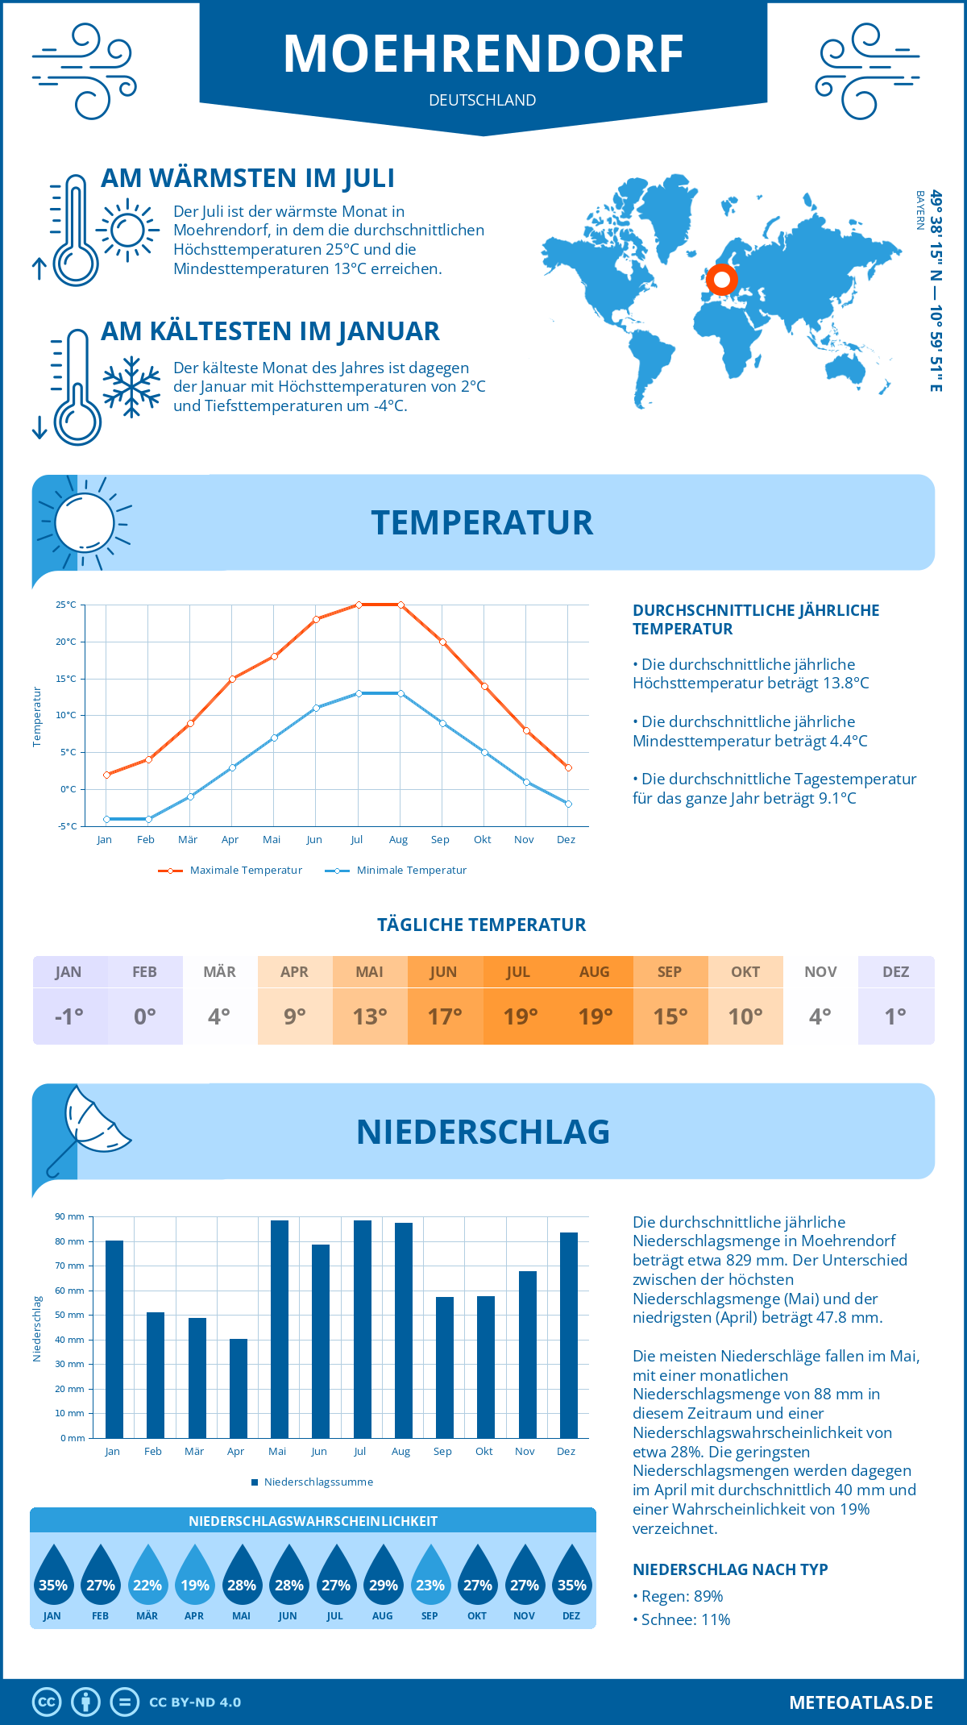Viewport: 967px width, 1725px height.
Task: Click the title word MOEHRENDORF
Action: coord(483,55)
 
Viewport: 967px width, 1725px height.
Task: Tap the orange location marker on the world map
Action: coord(721,280)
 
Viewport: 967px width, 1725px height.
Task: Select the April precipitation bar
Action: coord(239,1388)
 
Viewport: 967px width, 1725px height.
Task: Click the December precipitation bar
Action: coord(569,1335)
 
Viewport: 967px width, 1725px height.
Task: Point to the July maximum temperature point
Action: coord(359,605)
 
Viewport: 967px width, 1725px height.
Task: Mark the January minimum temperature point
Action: coord(106,819)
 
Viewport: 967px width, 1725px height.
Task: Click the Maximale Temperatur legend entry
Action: coord(230,871)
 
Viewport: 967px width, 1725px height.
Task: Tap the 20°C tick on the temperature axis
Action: coord(66,642)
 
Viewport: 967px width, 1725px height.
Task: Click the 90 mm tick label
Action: coord(70,1216)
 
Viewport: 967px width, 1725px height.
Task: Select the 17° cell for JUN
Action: coord(445,1016)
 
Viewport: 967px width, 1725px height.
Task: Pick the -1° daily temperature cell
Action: coord(69,1016)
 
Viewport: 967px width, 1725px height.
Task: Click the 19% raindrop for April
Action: coord(194,1578)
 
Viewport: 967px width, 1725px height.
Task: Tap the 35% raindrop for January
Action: coord(52,1578)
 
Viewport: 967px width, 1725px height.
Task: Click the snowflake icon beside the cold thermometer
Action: coord(131,387)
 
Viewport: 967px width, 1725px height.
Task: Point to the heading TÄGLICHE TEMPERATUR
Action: coord(482,925)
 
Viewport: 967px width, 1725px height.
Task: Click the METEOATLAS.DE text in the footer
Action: coord(861,1702)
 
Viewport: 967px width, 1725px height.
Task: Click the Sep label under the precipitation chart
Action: coord(442,1451)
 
